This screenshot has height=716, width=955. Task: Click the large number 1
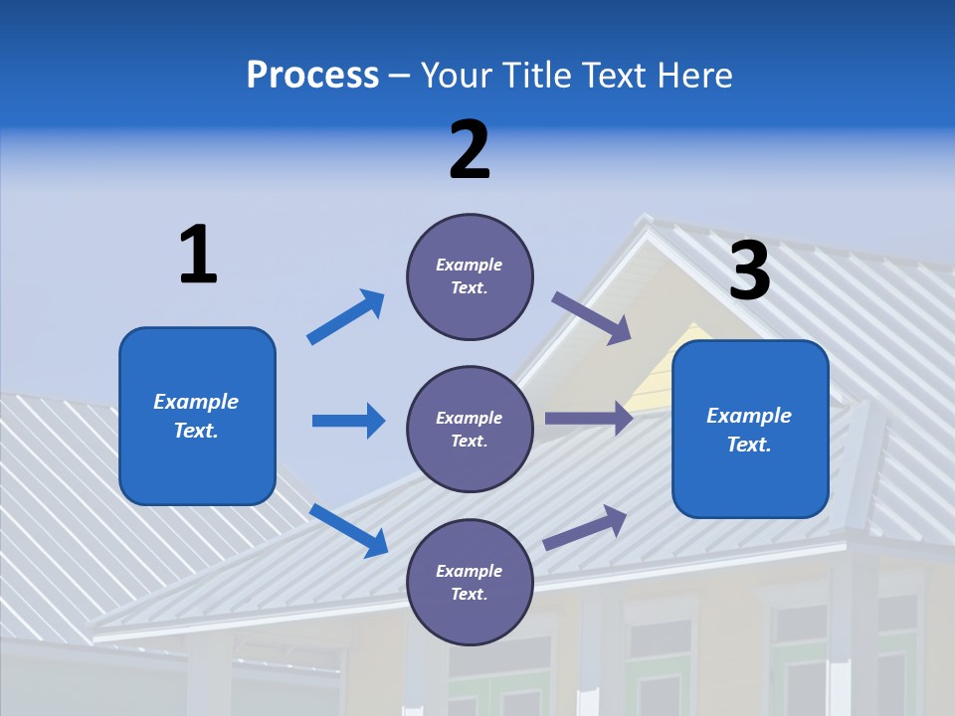tap(198, 255)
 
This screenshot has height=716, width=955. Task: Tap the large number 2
tap(470, 150)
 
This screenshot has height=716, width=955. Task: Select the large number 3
tap(750, 271)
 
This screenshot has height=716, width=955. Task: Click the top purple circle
tap(470, 276)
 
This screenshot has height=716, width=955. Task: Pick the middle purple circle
tap(470, 429)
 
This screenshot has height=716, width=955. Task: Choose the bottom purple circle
tap(470, 582)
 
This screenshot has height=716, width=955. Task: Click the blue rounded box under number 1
tap(197, 416)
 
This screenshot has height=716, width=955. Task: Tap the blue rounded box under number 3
tap(750, 429)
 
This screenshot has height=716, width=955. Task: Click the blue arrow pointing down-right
tap(349, 530)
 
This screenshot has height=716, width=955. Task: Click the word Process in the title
tap(312, 75)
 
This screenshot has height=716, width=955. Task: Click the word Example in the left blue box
tap(196, 402)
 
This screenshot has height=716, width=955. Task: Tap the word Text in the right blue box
tap(749, 445)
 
